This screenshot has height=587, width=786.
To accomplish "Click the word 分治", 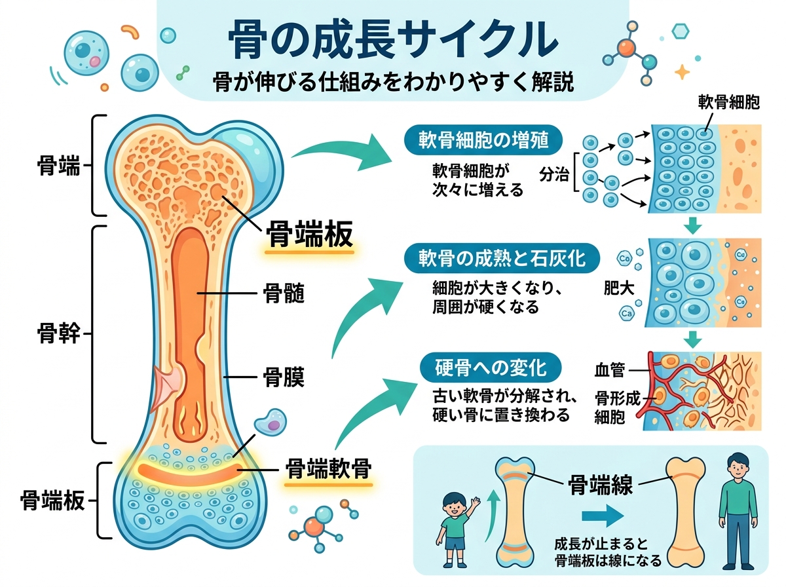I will click(x=552, y=175).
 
